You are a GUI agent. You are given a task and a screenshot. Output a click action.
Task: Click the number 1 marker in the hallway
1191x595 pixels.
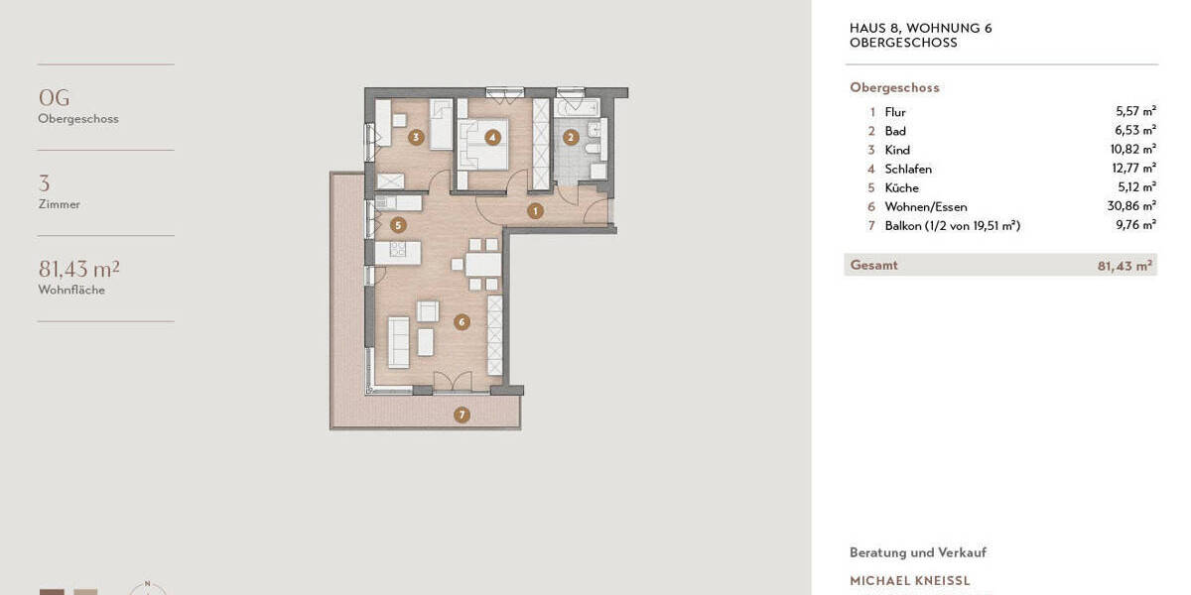(x=535, y=210)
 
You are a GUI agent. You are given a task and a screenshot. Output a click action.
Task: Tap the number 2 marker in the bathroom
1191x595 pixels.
(x=570, y=138)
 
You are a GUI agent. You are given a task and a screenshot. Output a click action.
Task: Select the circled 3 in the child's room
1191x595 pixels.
(x=416, y=138)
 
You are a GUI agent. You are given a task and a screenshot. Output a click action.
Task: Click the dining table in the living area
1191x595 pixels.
(x=482, y=265)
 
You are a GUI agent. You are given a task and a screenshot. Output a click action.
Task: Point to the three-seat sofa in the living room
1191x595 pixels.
(x=398, y=342)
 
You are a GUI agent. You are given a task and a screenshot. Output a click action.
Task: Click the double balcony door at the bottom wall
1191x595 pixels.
(x=452, y=382)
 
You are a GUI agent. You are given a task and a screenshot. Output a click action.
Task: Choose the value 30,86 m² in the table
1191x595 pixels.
(x=1135, y=206)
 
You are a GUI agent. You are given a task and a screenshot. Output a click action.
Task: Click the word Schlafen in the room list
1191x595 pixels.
(x=908, y=169)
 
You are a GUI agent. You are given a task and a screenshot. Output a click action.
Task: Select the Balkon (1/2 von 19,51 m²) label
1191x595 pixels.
(x=952, y=225)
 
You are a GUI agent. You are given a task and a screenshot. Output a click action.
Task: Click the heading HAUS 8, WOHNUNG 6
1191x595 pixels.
(x=920, y=28)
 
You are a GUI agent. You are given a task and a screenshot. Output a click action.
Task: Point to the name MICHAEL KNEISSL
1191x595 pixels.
(x=909, y=581)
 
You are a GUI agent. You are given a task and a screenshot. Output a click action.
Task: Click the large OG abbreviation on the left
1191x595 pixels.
(x=54, y=97)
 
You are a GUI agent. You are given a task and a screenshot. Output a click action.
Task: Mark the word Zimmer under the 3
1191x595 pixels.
(x=59, y=204)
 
